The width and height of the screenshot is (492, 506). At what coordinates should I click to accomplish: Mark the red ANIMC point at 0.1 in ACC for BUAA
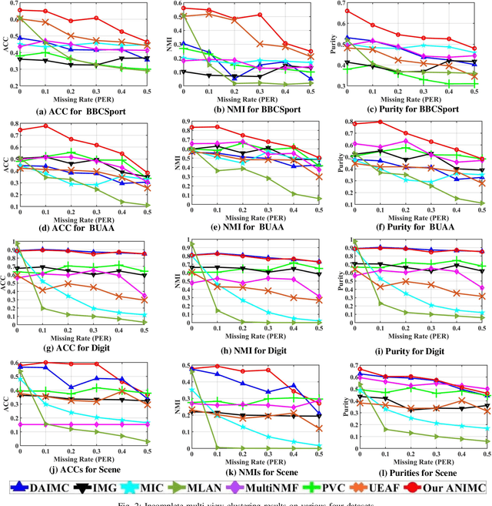pos(46,126)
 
